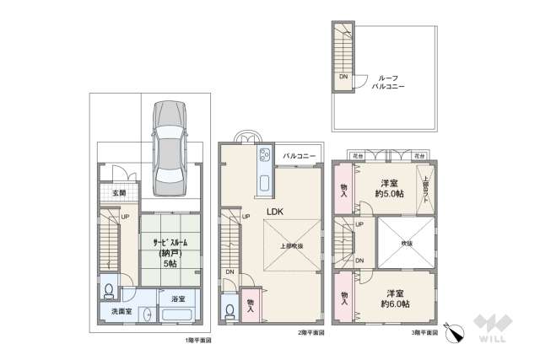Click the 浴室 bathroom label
pyautogui.click(x=177, y=299)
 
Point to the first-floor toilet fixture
pyautogui.click(x=109, y=290)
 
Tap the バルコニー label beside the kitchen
pyautogui.click(x=300, y=156)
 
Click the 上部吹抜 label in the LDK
pyautogui.click(x=292, y=246)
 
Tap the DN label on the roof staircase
pyautogui.click(x=343, y=77)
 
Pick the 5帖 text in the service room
pyautogui.click(x=170, y=263)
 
